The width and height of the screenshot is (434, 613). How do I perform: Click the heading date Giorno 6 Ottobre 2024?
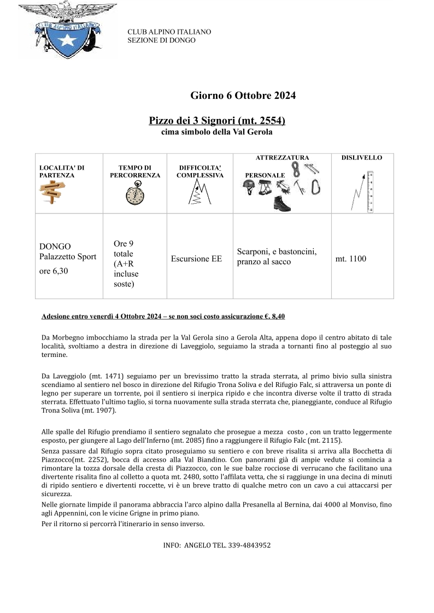(x=243, y=96)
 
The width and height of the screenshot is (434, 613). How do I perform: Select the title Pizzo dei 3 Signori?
(x=217, y=120)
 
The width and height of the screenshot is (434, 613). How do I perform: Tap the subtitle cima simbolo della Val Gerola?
(x=216, y=132)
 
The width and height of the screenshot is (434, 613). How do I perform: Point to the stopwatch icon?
(x=134, y=194)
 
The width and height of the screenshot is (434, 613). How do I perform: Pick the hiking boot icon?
(x=283, y=204)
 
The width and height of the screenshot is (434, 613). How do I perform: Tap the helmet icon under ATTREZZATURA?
(x=249, y=187)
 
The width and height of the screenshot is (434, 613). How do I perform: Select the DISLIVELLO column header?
(x=362, y=158)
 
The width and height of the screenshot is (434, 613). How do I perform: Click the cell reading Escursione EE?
(x=196, y=259)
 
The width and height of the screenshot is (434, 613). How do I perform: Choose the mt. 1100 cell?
(x=350, y=259)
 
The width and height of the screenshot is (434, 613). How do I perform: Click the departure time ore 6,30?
(x=54, y=271)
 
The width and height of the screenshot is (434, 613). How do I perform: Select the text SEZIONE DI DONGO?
(x=161, y=40)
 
